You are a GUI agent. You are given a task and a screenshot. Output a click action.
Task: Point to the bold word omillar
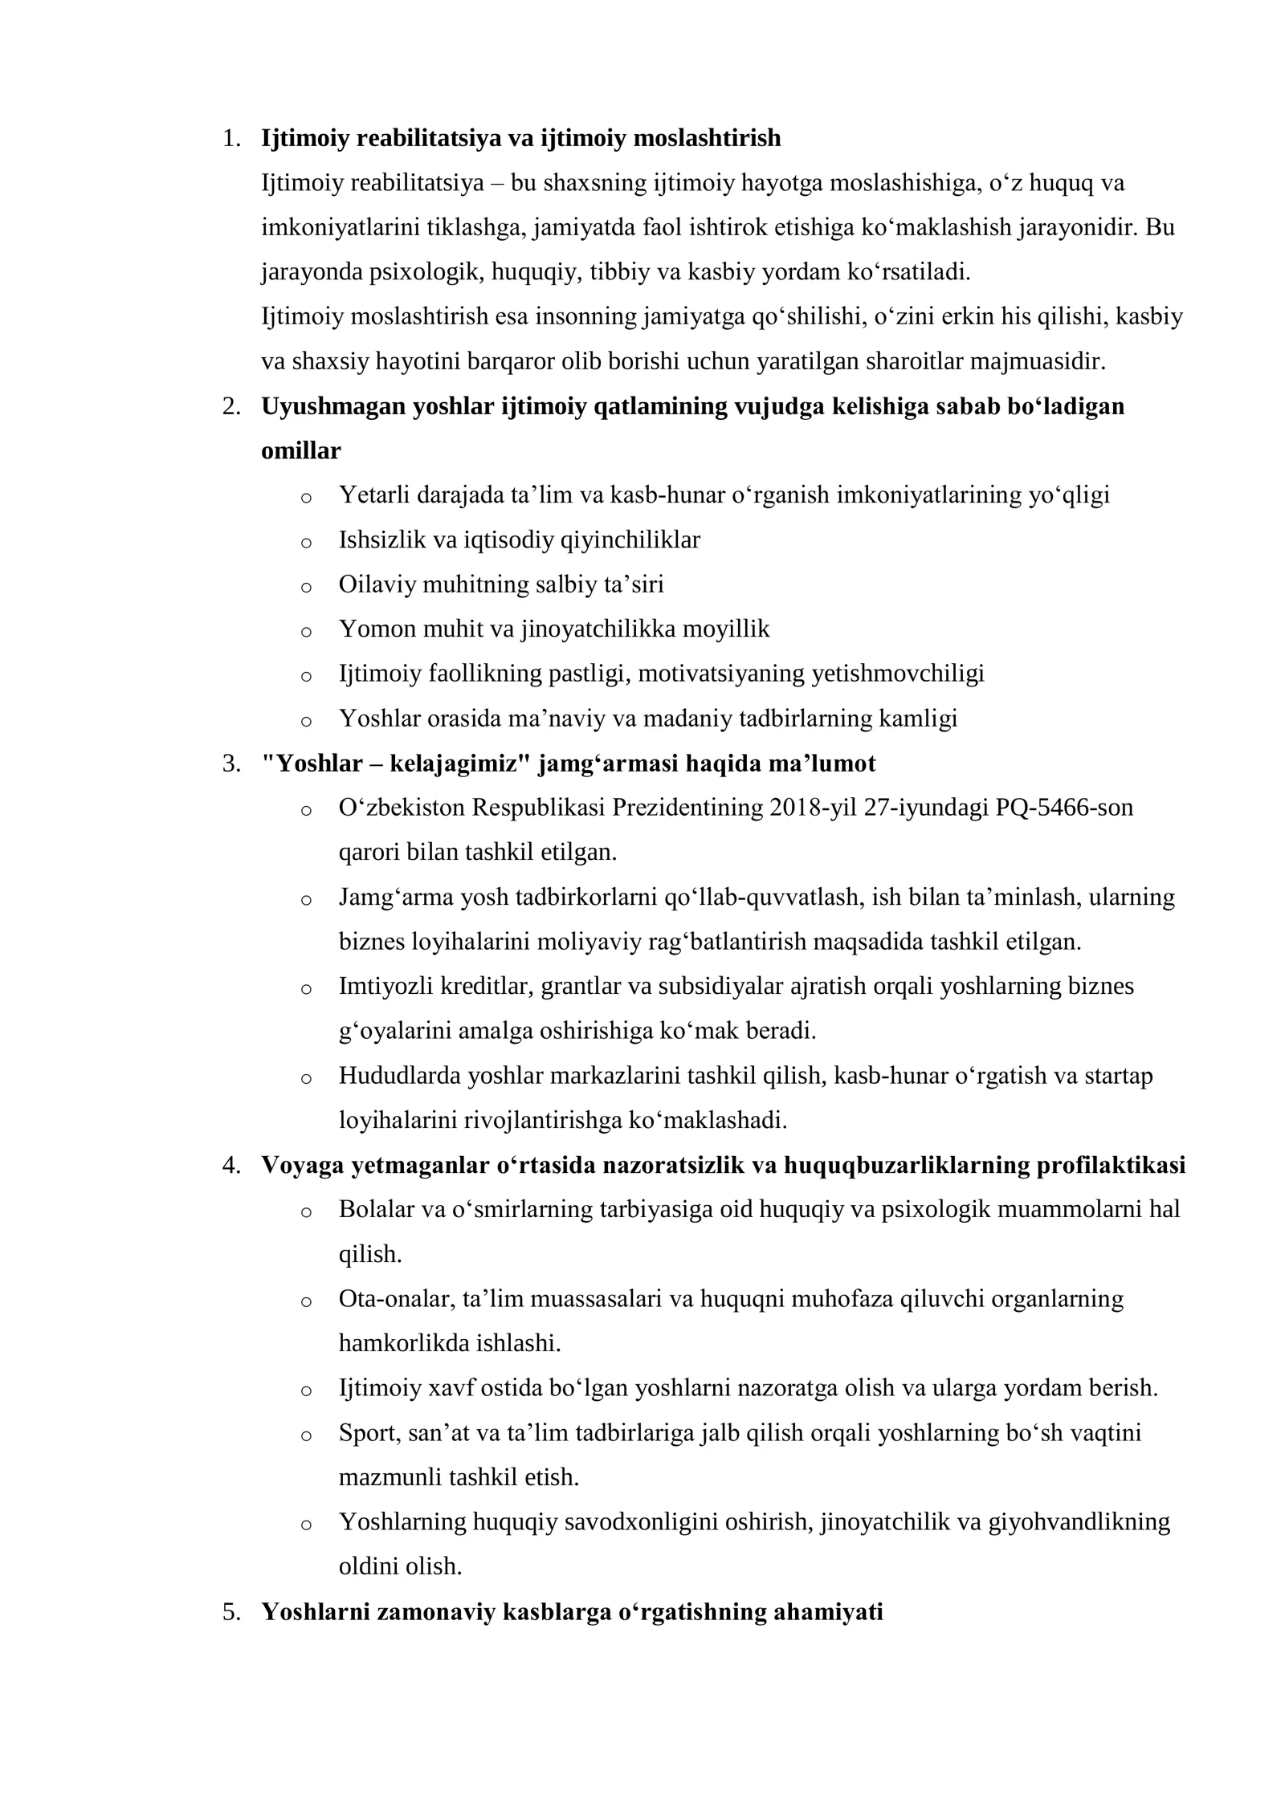tap(301, 451)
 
